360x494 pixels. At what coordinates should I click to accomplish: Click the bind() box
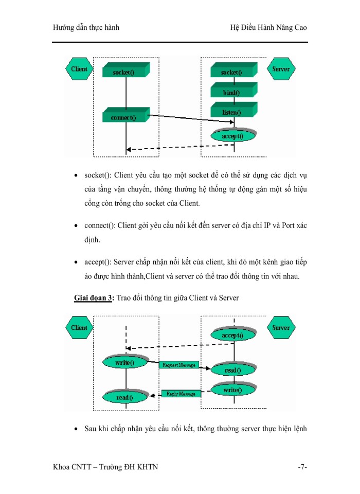point(231,93)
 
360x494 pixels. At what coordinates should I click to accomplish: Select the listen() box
point(231,111)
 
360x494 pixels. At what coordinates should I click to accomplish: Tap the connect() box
point(124,117)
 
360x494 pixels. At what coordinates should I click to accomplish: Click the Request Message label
point(178,365)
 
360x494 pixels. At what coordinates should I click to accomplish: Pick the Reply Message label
point(181,394)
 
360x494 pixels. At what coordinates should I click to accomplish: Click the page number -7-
point(302,467)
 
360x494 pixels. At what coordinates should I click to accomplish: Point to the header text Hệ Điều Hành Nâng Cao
point(268,27)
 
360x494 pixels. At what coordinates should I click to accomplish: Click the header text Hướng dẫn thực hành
point(86,27)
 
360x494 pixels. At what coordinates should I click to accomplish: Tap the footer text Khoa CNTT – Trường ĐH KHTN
point(105,467)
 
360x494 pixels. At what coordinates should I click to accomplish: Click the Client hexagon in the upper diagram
point(79,69)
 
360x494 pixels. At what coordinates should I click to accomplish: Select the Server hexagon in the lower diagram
point(281,328)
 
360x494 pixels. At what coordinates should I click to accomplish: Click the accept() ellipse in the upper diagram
point(232,136)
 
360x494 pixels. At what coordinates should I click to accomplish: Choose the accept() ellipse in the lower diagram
point(232,335)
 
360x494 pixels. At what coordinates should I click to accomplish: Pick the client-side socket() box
point(124,72)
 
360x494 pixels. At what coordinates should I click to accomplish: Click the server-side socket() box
point(231,72)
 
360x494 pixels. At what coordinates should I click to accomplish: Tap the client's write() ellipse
point(124,363)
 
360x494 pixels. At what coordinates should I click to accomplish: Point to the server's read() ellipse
point(232,370)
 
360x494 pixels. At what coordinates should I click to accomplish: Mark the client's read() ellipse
point(124,397)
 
